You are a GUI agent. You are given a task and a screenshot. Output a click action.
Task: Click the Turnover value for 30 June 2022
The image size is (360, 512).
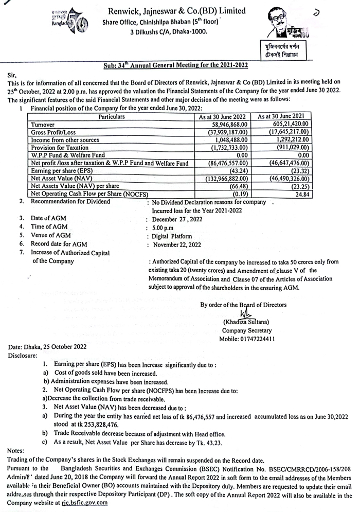pyautogui.click(x=227, y=124)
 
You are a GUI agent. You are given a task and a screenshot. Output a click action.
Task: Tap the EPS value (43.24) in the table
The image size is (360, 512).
pyautogui.click(x=238, y=170)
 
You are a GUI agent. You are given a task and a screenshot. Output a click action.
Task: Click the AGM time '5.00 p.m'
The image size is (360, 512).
pyautogui.click(x=164, y=227)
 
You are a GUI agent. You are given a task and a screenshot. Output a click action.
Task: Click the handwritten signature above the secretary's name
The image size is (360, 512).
pyautogui.click(x=245, y=313)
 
